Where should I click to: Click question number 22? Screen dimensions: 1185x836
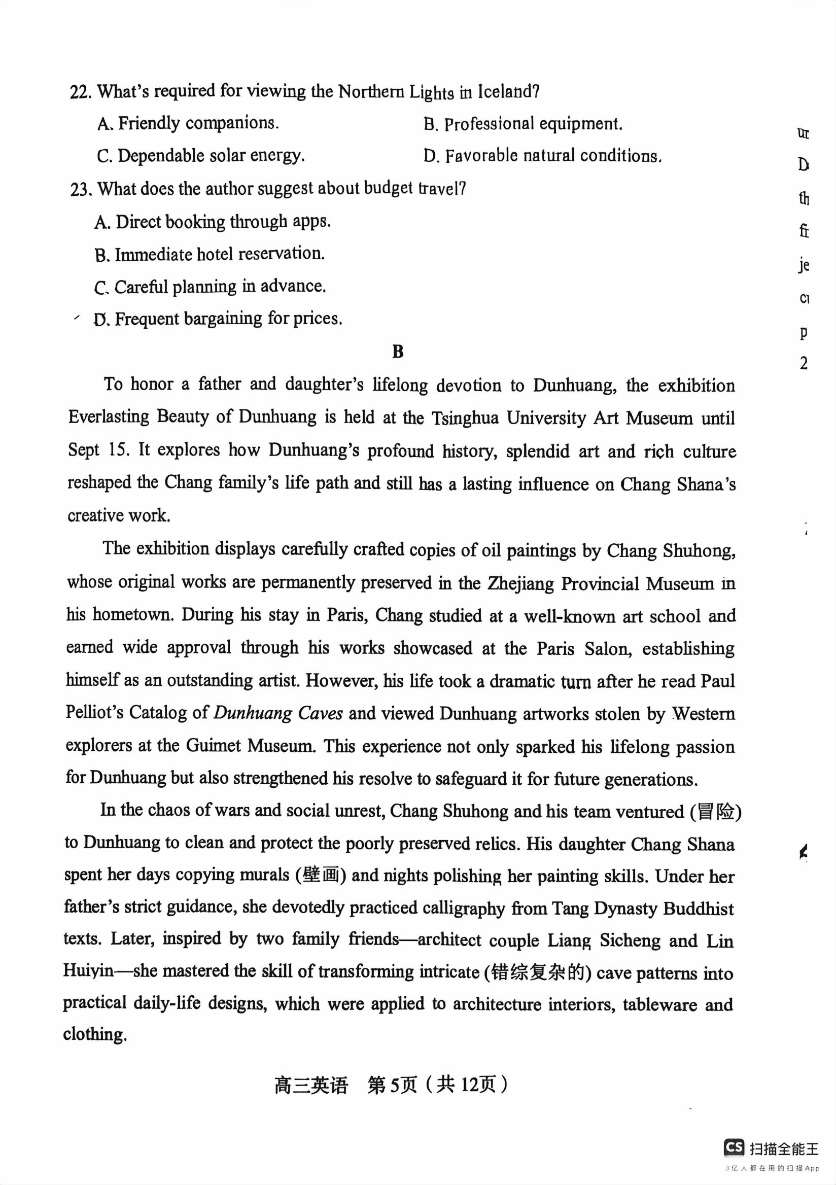coord(82,92)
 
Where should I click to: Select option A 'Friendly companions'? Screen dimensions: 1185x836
coord(188,124)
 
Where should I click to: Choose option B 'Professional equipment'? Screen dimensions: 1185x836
coord(523,124)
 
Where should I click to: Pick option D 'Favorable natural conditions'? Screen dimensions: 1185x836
coord(542,156)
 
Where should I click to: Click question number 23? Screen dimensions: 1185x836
coord(82,190)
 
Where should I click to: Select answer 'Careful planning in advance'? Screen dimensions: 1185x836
coord(210,287)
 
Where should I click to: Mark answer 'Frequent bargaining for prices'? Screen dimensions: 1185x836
coord(218,319)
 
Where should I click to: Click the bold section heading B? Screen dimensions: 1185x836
coord(398,352)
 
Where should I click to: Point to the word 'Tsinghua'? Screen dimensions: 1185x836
coord(465,417)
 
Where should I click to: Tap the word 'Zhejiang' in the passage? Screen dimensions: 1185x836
coord(519,583)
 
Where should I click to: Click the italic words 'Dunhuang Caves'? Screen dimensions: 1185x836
coord(277,714)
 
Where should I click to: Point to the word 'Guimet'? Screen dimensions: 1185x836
coord(213,746)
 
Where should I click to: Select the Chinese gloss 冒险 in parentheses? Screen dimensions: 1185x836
coord(716,812)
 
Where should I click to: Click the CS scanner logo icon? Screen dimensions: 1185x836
coord(734,1148)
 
